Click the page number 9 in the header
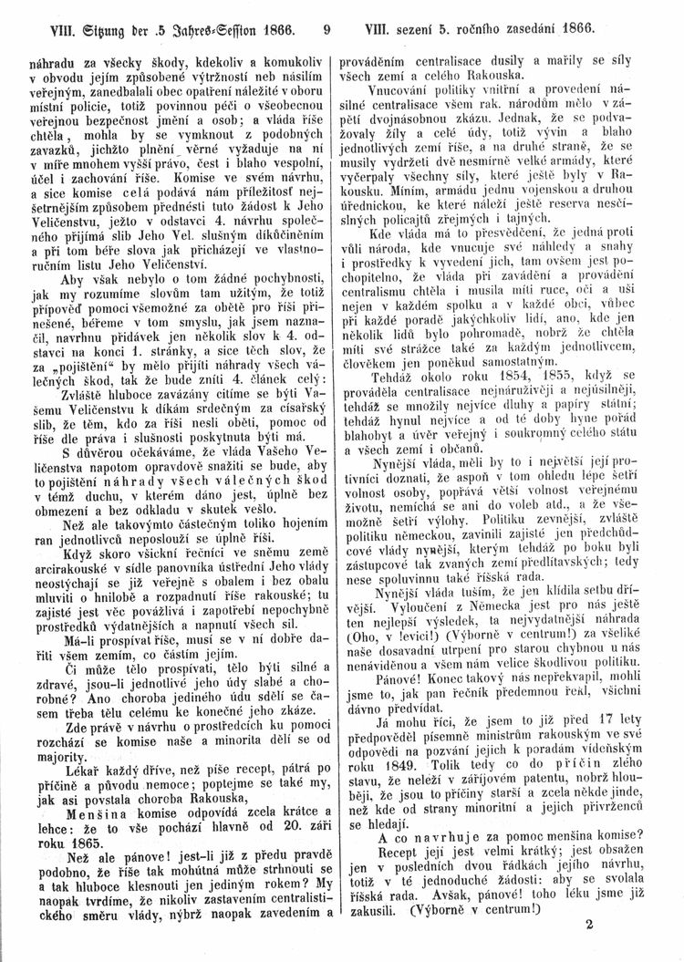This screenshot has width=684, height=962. (326, 29)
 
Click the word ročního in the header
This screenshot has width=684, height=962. (503, 29)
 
